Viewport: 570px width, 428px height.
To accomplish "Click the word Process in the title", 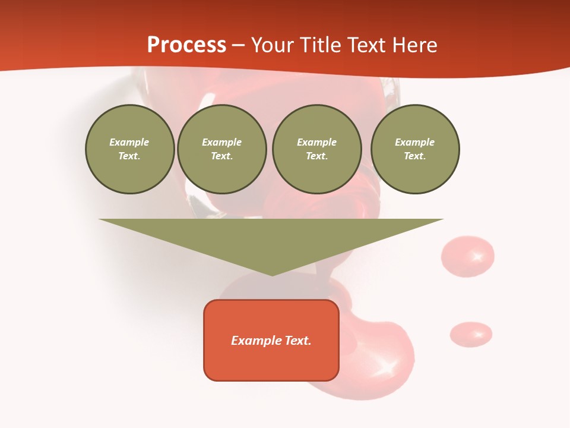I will click(186, 45).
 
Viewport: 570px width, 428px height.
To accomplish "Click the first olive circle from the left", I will click(129, 149).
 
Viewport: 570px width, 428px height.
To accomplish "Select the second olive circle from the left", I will click(221, 149).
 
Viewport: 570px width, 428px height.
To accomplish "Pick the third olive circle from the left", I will click(316, 149).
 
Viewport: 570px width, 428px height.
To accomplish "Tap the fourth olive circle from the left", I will click(414, 149).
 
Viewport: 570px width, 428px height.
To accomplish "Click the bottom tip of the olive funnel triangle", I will click(272, 274).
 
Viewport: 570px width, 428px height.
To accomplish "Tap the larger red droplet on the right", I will click(467, 256).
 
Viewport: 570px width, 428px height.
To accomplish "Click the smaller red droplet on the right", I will click(470, 334).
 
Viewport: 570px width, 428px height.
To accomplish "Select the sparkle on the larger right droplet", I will click(477, 257).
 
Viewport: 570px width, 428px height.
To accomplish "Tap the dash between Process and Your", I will click(239, 45).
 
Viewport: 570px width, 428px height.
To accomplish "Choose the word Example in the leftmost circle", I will click(129, 142).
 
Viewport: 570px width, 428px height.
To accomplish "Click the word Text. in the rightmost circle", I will click(414, 156).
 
